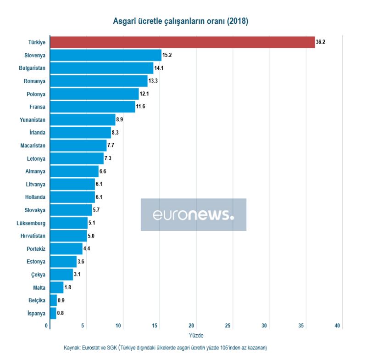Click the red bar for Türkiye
(x=182, y=42)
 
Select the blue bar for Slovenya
(x=106, y=55)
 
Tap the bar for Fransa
(x=92, y=107)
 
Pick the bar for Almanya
(x=74, y=171)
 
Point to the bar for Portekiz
(x=66, y=248)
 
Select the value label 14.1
(x=159, y=68)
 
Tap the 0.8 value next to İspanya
(x=60, y=313)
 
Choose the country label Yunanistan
(x=32, y=120)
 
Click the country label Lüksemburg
(x=31, y=223)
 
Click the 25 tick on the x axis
(x=228, y=326)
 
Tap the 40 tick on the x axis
(x=338, y=326)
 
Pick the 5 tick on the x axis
(x=83, y=326)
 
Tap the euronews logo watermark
(x=193, y=214)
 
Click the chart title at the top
(x=181, y=21)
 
